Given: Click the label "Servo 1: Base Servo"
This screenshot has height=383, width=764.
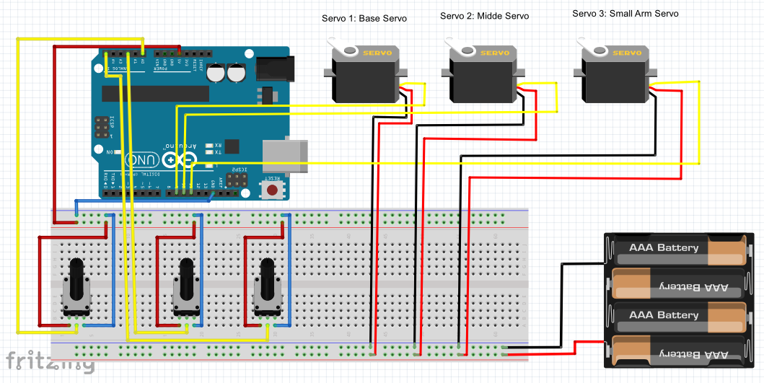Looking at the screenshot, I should point(364,18).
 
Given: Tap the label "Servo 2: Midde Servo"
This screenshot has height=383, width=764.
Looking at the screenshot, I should point(484,16).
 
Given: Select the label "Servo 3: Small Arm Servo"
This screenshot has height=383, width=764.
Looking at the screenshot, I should point(625,13).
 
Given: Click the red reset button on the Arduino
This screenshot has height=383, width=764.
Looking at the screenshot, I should point(273,190).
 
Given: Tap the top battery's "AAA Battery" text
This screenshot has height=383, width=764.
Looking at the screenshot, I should point(664,248).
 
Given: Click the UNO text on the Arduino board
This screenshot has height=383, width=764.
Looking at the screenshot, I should point(141,159).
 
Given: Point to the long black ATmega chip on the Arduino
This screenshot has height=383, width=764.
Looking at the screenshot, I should point(154,94).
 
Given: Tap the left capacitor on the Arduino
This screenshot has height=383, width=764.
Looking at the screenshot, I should point(215,73).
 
